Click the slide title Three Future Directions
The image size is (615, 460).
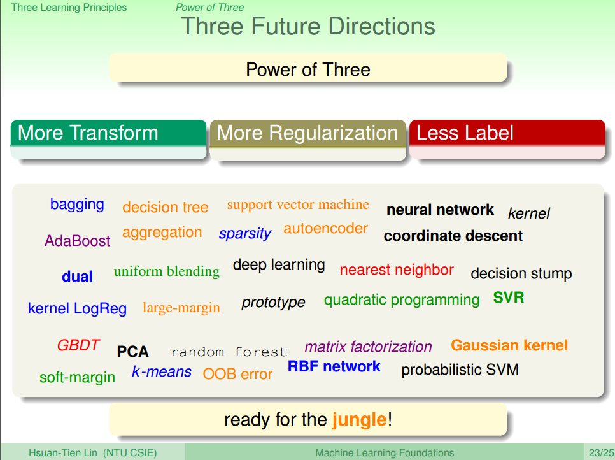(308, 27)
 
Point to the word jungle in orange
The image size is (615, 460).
(359, 420)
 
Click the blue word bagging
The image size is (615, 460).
(77, 205)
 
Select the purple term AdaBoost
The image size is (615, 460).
(77, 241)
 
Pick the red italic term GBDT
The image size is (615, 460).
(78, 345)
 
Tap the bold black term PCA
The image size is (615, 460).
(132, 352)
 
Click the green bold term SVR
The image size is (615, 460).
(509, 298)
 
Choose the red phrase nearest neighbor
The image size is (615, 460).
(397, 270)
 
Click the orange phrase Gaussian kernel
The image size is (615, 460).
(509, 345)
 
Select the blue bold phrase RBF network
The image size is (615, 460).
(334, 366)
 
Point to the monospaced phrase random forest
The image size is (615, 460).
(229, 352)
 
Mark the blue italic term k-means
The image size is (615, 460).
(162, 371)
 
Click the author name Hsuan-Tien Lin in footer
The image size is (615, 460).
(66, 453)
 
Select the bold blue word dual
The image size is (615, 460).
(77, 277)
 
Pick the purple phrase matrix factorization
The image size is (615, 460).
(368, 347)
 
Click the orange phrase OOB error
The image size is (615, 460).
(237, 374)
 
